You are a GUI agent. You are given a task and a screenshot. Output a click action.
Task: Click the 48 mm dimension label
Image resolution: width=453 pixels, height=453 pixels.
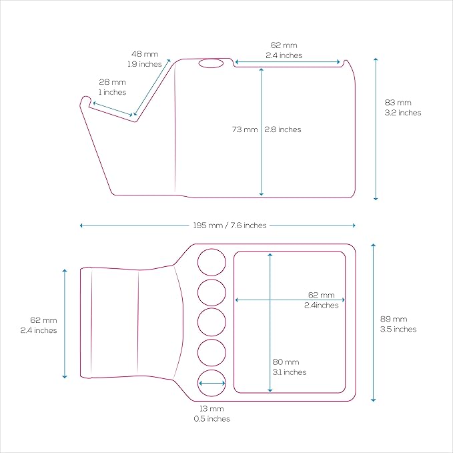click(x=145, y=54)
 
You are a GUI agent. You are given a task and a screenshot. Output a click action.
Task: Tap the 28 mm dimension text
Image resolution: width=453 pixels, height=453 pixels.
click(x=112, y=82)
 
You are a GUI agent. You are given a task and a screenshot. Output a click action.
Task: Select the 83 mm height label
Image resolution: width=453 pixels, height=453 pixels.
click(x=398, y=103)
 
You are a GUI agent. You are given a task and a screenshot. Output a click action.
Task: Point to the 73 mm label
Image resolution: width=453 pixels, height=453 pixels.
click(x=245, y=129)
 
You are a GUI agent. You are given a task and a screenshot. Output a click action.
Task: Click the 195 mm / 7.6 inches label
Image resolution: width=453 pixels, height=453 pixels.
click(x=230, y=225)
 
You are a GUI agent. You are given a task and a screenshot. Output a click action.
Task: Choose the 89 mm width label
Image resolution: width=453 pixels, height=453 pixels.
click(x=394, y=320)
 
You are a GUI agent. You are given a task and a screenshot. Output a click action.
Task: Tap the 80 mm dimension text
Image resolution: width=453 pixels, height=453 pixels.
click(x=286, y=362)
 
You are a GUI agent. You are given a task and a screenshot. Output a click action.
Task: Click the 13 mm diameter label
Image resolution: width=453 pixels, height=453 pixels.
click(x=211, y=408)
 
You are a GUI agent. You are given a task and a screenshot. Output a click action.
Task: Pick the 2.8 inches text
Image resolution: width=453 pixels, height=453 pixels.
click(x=283, y=129)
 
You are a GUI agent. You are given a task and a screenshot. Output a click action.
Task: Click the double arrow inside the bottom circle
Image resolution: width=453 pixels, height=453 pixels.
click(x=211, y=384)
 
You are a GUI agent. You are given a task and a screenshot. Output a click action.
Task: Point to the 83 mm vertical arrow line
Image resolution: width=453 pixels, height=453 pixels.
click(x=376, y=129)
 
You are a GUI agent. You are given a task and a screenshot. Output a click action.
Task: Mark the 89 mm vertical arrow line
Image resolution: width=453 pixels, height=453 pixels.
click(x=373, y=323)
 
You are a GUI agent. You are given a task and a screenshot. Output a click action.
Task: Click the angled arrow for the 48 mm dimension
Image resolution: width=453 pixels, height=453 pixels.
click(x=152, y=87)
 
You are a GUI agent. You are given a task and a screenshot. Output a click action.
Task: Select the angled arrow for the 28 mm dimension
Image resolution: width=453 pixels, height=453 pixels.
click(x=113, y=109)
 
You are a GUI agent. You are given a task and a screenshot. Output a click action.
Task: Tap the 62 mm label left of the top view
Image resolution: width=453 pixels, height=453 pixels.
click(x=43, y=320)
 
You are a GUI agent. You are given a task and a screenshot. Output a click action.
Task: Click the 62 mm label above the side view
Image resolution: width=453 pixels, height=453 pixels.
click(x=284, y=45)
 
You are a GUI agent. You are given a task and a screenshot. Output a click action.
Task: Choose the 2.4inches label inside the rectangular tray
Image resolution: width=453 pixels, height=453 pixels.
click(x=322, y=306)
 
